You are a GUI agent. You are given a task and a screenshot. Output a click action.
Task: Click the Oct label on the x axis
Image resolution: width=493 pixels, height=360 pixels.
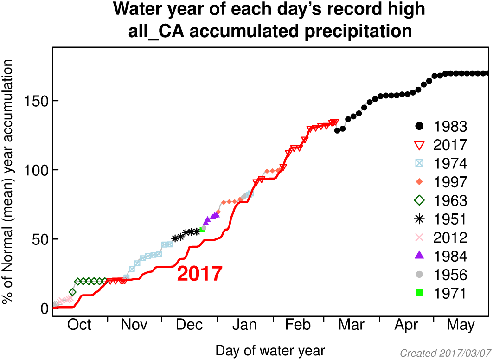[79, 325]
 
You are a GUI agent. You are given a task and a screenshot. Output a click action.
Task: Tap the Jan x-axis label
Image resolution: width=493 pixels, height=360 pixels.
[244, 325]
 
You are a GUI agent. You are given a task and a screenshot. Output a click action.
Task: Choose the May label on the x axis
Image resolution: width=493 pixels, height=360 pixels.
[461, 325]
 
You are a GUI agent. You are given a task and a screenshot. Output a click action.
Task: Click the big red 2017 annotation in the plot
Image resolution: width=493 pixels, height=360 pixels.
[199, 274]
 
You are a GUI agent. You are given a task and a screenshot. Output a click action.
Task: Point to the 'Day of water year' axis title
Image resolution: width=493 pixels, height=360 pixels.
[270, 350]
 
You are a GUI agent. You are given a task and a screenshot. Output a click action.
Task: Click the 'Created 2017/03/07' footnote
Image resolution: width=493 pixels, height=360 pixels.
[445, 354]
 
